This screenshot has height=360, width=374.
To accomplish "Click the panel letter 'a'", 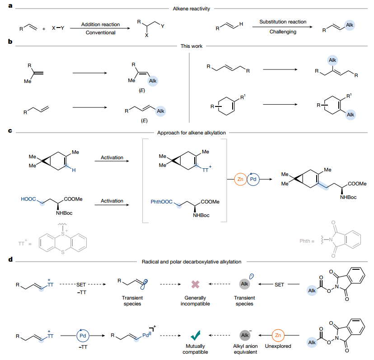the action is pyautogui.click(x=10, y=6).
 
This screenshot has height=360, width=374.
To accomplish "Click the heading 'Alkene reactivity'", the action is pyautogui.click(x=192, y=9).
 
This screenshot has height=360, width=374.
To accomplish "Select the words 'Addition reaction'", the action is pyautogui.click(x=100, y=24).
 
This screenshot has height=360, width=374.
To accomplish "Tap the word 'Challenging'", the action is pyautogui.click(x=283, y=32).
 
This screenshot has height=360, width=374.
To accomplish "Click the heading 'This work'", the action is pyautogui.click(x=192, y=46).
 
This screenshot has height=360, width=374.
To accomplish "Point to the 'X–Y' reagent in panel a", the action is pyautogui.click(x=58, y=28).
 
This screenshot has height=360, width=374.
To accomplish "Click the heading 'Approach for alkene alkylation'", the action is pyautogui.click(x=192, y=133).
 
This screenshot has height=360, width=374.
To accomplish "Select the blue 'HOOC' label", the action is pyautogui.click(x=28, y=199).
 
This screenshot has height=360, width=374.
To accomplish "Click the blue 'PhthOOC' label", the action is pyautogui.click(x=161, y=202).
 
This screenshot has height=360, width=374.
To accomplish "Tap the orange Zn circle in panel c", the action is pyautogui.click(x=240, y=179).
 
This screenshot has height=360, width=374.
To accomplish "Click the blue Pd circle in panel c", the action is pyautogui.click(x=253, y=179).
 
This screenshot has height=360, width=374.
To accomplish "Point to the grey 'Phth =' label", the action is pyautogui.click(x=307, y=241).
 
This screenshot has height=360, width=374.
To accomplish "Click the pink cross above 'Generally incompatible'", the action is pyautogui.click(x=195, y=284).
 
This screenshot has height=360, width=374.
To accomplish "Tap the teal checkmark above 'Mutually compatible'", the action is pyautogui.click(x=196, y=335).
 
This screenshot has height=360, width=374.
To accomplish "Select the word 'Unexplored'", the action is pyautogui.click(x=278, y=346).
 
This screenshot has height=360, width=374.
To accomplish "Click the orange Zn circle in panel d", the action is pyautogui.click(x=278, y=336).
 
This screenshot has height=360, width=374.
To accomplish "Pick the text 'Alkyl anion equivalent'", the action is pyautogui.click(x=245, y=349).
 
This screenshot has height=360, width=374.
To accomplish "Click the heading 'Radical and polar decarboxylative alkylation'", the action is pyautogui.click(x=192, y=262).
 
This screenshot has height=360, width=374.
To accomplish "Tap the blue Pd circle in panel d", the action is pyautogui.click(x=83, y=336).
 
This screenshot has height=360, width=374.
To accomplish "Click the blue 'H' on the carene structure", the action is pyautogui.click(x=74, y=171).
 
